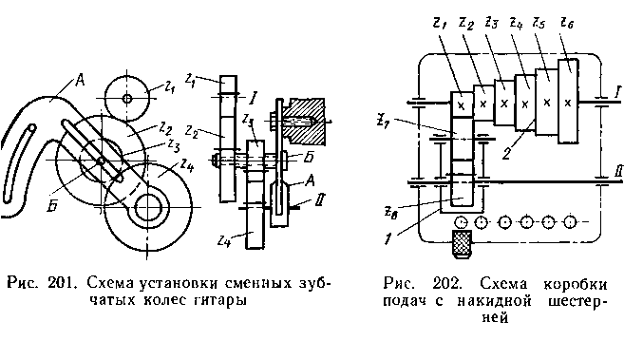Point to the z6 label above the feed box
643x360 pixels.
coord(567,23)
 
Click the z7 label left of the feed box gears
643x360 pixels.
coord(385,121)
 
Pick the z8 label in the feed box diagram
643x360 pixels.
coord(390,213)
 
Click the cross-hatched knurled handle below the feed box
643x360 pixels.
coord(462,243)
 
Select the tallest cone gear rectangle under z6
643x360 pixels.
coord(568,101)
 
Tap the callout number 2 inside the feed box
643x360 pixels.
coord(507,154)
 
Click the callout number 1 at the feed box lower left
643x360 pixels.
coord(388,238)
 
